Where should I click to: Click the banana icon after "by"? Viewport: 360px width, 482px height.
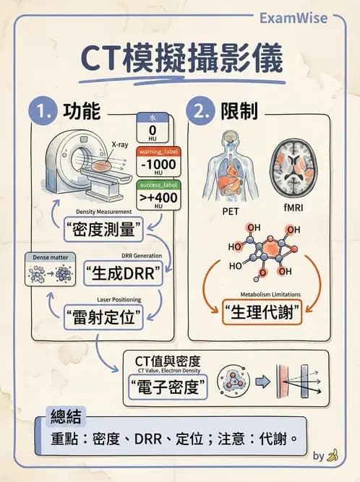coord(333,455)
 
